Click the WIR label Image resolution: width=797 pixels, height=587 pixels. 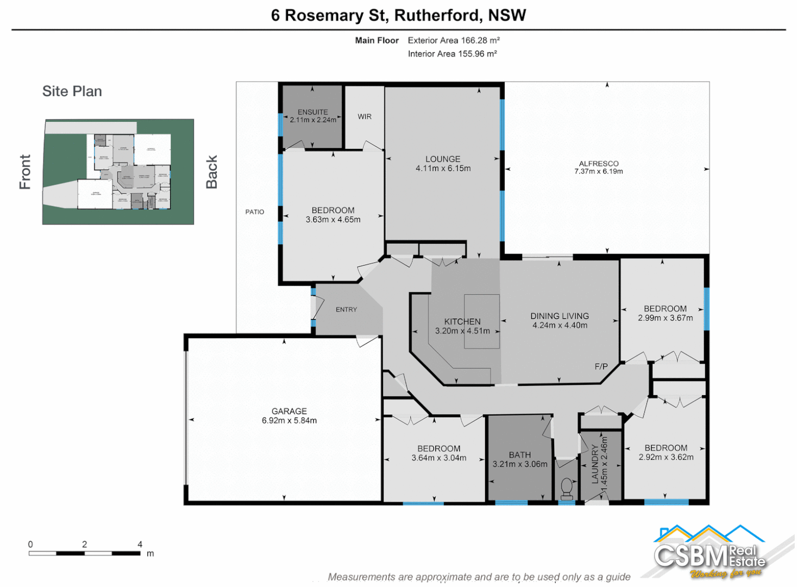coord(365,117)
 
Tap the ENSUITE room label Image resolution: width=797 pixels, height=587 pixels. coord(312,112)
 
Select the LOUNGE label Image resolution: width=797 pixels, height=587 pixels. coord(443,159)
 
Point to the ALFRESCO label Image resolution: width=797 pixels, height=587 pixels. coord(599,164)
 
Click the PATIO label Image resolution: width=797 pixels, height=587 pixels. coord(255,212)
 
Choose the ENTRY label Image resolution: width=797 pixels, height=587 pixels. coord(346,310)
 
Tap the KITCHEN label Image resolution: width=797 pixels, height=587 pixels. coord(462,322)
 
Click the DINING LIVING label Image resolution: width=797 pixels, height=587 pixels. coord(560,316)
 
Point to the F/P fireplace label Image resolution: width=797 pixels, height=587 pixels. coord(601,367)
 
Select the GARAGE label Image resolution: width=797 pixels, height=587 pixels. coord(289,411)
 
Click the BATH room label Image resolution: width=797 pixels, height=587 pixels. coord(520,455)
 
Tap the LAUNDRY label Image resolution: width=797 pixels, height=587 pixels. coord(595,464)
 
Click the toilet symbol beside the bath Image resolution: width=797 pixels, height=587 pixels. coord(567,488)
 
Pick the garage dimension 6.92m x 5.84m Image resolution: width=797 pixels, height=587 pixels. coord(289,421)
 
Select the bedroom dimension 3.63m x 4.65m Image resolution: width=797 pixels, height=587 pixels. coord(333,220)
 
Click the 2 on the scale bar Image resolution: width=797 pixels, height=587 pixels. coord(85,544)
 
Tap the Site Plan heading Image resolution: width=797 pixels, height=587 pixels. coord(72,91)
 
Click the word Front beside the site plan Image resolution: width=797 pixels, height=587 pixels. coord(25,172)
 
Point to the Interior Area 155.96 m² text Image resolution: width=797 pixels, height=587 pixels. coord(452,54)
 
